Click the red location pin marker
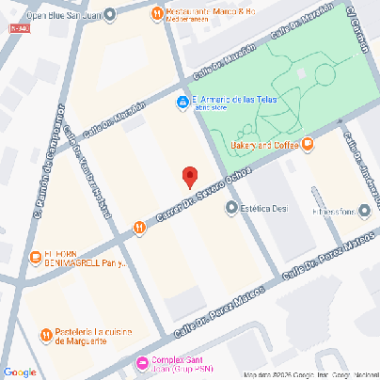[190, 176]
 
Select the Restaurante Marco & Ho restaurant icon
[156, 12]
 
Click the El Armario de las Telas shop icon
[182, 103]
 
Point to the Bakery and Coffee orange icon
[308, 144]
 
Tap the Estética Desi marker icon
[231, 209]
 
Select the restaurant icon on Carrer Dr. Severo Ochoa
[139, 227]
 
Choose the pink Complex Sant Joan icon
[142, 363]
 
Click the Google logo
[19, 372]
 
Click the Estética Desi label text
[264, 209]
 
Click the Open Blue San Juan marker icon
[112, 12]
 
